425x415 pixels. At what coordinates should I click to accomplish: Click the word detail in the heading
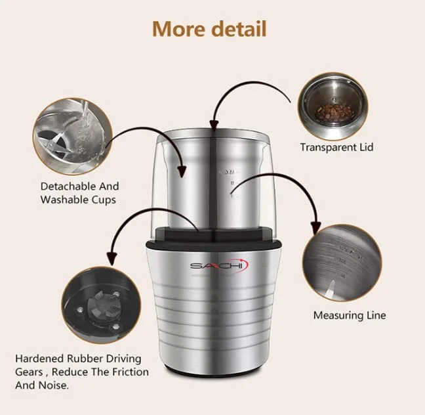pyautogui.click(x=241, y=29)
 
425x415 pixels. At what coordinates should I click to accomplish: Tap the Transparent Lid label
pyautogui.click(x=336, y=147)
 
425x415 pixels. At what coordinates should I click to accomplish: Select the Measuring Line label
pyautogui.click(x=349, y=316)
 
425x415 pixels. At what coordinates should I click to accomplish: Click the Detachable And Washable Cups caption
pyautogui.click(x=79, y=193)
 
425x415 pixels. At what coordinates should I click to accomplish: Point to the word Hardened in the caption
pyautogui.click(x=41, y=359)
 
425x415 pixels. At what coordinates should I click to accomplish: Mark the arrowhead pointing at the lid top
pyautogui.click(x=212, y=125)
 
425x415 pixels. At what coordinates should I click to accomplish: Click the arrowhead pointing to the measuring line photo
pyautogui.click(x=315, y=229)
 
